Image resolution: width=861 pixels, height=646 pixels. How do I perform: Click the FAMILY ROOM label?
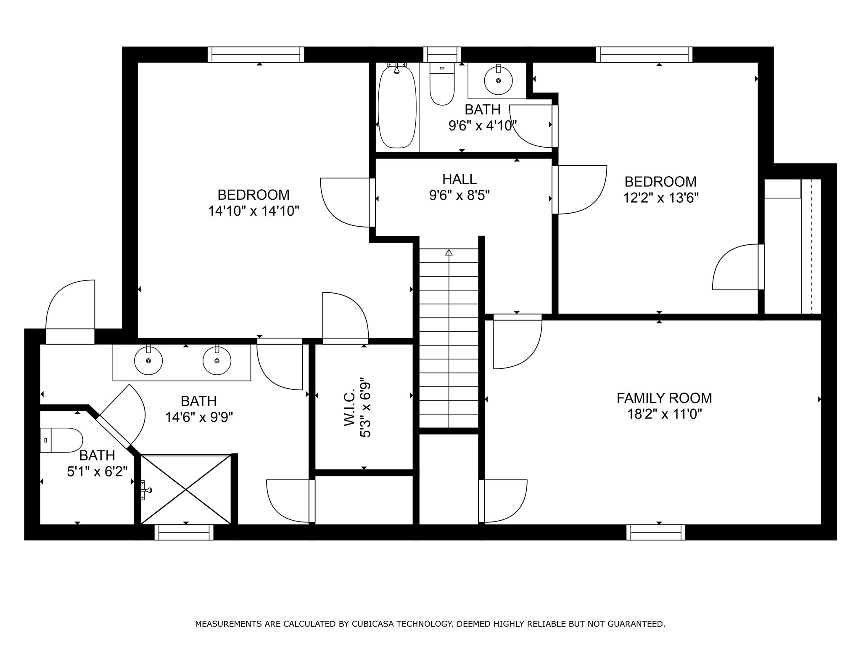click(664, 398)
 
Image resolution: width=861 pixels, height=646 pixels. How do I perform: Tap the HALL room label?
click(460, 179)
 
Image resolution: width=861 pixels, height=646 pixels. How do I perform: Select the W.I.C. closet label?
click(350, 407)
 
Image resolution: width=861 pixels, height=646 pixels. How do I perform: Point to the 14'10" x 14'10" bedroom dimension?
click(254, 211)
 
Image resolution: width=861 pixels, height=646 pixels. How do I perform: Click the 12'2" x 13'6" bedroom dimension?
click(660, 198)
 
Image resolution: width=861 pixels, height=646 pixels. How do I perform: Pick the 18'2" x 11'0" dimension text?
click(665, 414)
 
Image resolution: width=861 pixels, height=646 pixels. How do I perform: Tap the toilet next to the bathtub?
click(442, 84)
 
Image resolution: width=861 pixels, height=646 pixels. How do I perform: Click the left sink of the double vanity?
click(148, 360)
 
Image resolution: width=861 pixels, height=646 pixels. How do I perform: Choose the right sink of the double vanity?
click(217, 360)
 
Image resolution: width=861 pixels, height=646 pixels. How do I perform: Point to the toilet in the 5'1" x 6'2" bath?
click(61, 440)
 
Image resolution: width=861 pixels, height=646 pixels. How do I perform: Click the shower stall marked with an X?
click(185, 489)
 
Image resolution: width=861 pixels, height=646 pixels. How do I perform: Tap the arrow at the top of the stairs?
click(449, 252)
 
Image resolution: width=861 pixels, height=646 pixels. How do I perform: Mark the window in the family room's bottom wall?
click(656, 532)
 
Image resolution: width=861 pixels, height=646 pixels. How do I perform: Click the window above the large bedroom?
click(256, 55)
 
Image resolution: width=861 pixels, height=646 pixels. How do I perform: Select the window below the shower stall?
click(184, 532)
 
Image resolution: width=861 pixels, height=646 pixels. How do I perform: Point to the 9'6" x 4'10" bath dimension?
click(482, 125)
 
